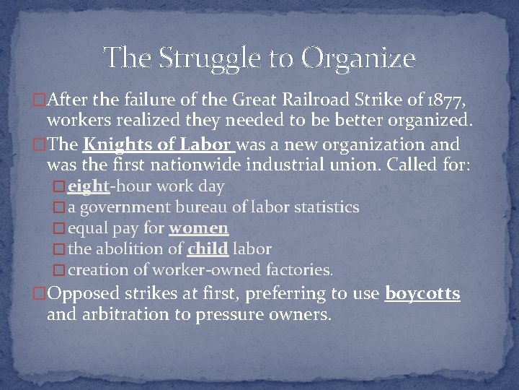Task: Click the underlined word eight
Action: pyautogui.click(x=88, y=186)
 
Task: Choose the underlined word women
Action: pyautogui.click(x=198, y=228)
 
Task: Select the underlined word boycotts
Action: pyautogui.click(x=423, y=295)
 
